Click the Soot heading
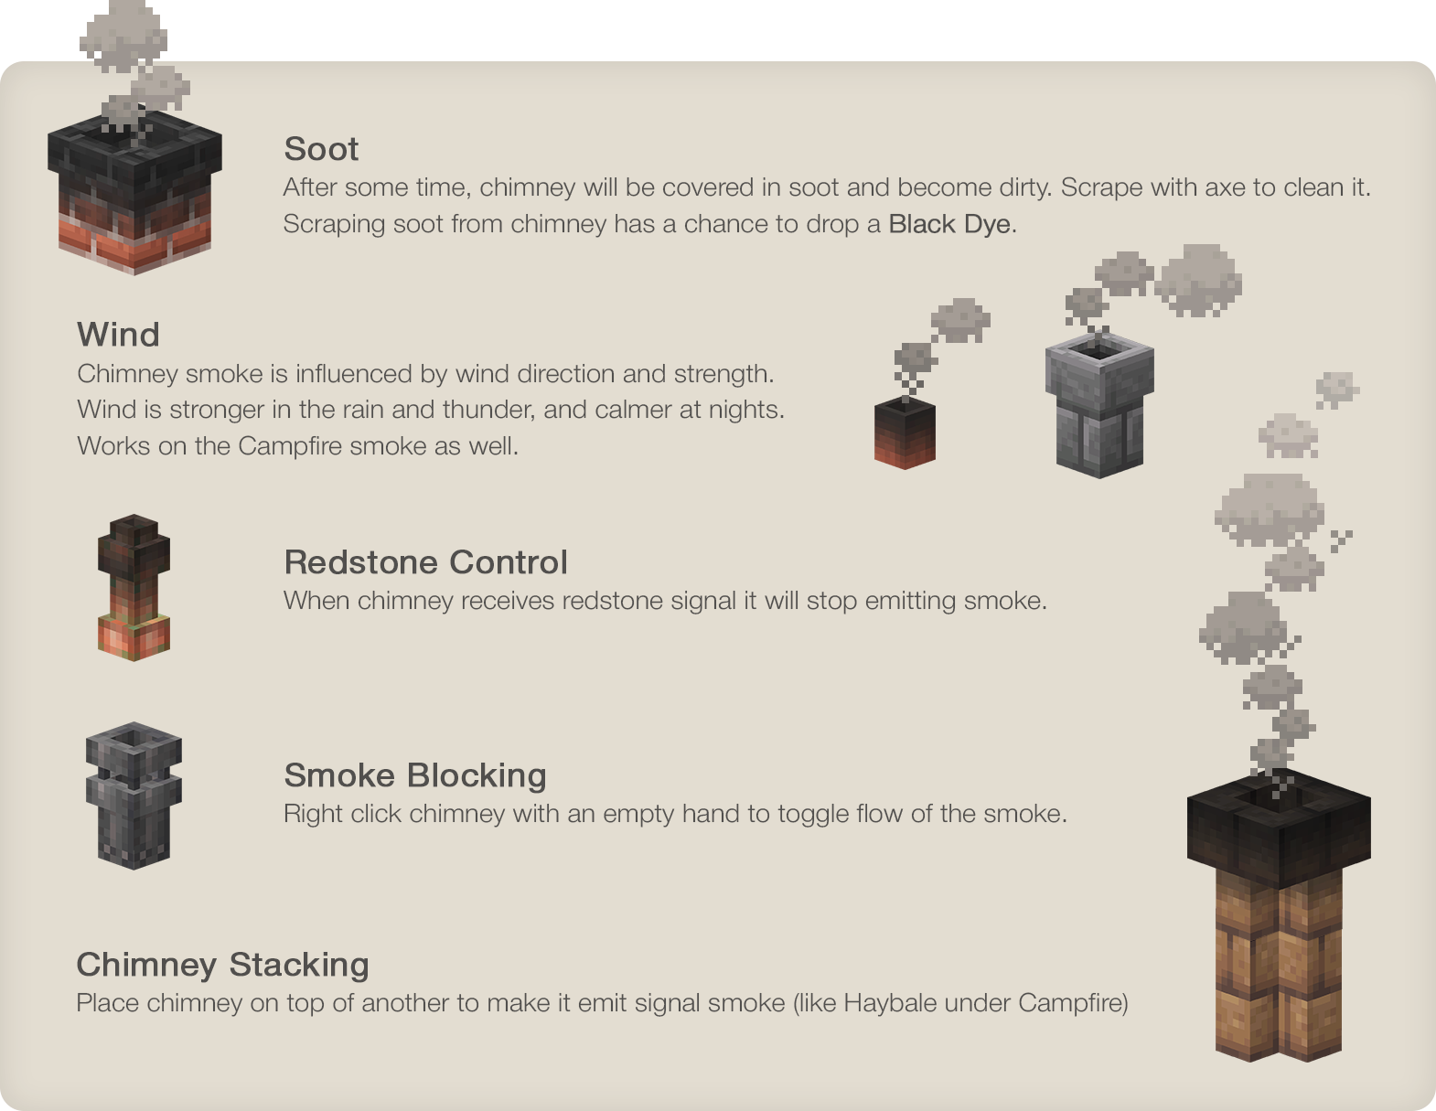321,149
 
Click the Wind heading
118,335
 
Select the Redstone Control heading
425,562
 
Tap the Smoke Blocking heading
415,775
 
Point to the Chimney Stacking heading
222,965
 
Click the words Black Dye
949,224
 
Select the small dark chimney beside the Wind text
905,433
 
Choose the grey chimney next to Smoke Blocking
134,796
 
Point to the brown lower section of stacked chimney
1278,969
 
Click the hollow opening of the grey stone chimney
1098,349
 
